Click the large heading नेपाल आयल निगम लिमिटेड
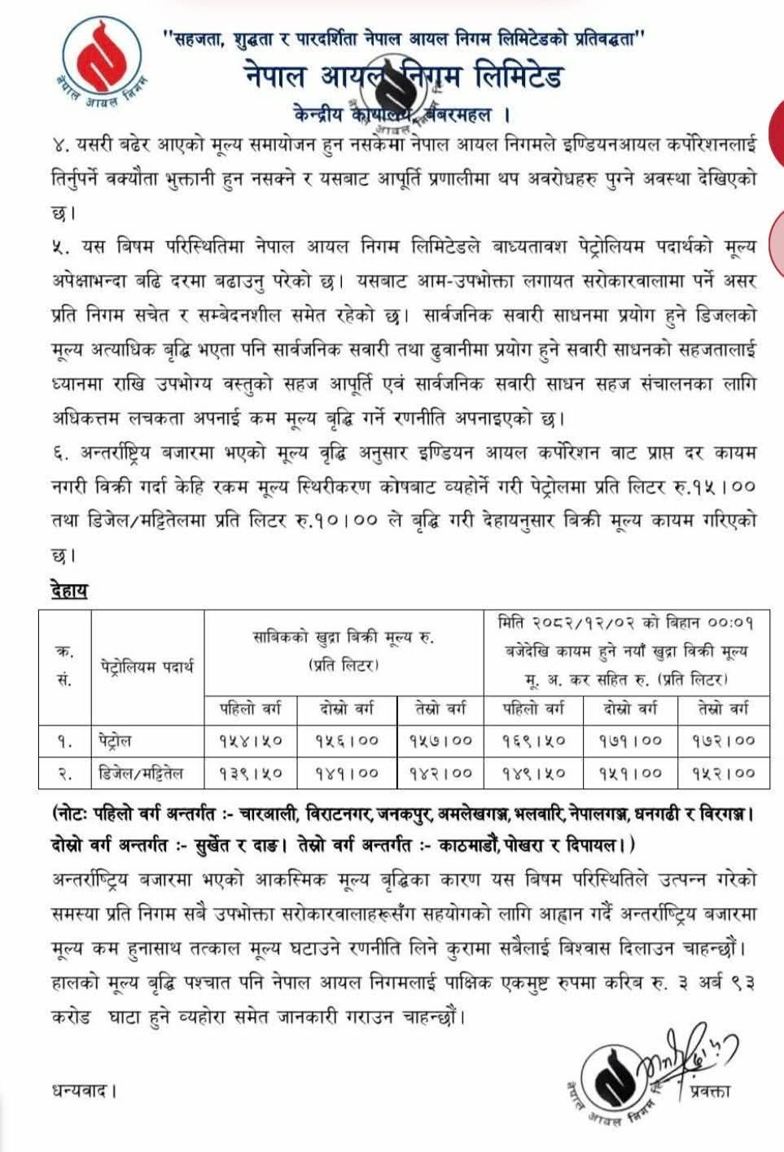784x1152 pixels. [x=402, y=77]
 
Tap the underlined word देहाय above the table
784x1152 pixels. [x=68, y=590]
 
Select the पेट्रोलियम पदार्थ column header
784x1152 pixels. [x=147, y=667]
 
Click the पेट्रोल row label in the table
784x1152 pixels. [x=112, y=740]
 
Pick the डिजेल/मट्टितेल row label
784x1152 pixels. [x=136, y=773]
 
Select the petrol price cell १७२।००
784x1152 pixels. [x=723, y=740]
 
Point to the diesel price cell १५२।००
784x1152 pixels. [x=723, y=773]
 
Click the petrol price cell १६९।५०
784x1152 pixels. [x=533, y=740]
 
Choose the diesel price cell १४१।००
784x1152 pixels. [x=346, y=773]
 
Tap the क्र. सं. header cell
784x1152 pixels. [x=64, y=667]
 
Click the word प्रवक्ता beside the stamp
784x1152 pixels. [x=708, y=1090]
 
